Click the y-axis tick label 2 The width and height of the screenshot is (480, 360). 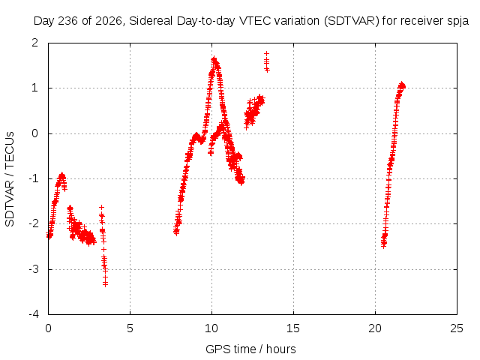click(x=35, y=43)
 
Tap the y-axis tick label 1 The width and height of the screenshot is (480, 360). click(x=35, y=88)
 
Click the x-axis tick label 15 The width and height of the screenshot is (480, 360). click(x=293, y=328)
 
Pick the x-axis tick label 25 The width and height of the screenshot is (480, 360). click(x=457, y=328)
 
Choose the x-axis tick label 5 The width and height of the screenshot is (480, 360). click(x=130, y=328)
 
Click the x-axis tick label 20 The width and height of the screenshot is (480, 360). click(x=375, y=328)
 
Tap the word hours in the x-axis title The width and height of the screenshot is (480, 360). click(x=280, y=349)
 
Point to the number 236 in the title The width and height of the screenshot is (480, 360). click(x=68, y=21)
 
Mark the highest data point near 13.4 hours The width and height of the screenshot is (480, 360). click(x=267, y=53)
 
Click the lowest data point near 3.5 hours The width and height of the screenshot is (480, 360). click(x=105, y=285)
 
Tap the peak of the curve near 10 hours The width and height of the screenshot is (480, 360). click(x=214, y=58)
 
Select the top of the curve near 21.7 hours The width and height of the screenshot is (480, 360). click(x=402, y=83)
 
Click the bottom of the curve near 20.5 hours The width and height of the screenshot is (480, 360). click(x=383, y=246)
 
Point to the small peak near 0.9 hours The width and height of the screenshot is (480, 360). click(x=62, y=175)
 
